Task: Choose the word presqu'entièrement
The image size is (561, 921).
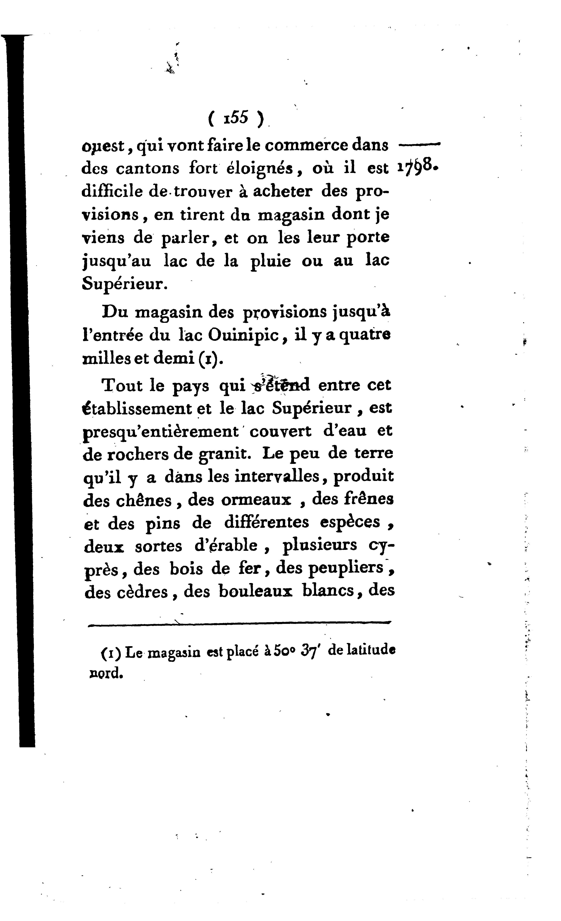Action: pos(161,432)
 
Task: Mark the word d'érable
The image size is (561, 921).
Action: pos(226,546)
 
